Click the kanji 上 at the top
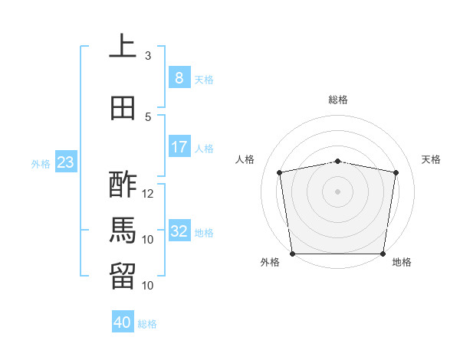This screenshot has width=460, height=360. [123, 45]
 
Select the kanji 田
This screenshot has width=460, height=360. [123, 108]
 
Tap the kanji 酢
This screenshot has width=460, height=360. [123, 185]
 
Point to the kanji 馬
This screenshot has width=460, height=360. [123, 231]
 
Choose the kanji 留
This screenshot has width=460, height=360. [123, 277]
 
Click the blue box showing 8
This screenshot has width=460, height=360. [179, 77]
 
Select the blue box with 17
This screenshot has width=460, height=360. [179, 146]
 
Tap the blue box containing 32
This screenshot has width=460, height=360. [179, 230]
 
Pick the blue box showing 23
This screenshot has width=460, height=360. [66, 162]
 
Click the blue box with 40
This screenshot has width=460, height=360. [123, 321]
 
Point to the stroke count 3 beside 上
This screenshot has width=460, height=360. [148, 55]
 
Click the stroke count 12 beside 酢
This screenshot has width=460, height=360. [147, 194]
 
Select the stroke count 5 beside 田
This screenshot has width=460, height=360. [148, 117]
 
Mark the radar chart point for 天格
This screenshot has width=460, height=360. [396, 172]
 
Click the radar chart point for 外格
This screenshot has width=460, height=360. [293, 254]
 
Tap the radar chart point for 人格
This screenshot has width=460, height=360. [280, 172]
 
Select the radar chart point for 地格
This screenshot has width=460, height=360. [383, 254]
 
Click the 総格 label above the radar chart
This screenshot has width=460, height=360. [338, 100]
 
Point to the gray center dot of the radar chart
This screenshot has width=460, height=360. [337, 191]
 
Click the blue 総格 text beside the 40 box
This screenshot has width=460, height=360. [147, 324]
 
